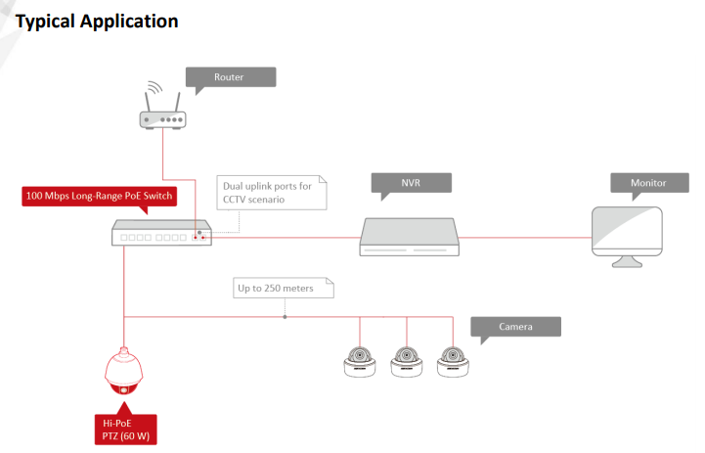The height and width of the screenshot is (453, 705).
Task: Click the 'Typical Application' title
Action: pyautogui.click(x=97, y=20)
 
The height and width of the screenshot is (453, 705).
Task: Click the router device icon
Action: pyautogui.click(x=161, y=116)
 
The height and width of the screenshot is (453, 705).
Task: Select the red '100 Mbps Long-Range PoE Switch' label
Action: pyautogui.click(x=99, y=197)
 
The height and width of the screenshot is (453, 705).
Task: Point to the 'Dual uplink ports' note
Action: pyautogui.click(x=268, y=192)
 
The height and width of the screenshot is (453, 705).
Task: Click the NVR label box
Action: pyautogui.click(x=411, y=183)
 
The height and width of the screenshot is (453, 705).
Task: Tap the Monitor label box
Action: pyautogui.click(x=648, y=183)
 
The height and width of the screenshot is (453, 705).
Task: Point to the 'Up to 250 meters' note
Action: pyautogui.click(x=285, y=289)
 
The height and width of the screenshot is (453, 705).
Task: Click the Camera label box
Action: pyautogui.click(x=515, y=327)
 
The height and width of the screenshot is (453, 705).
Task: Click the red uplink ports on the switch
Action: pyautogui.click(x=199, y=237)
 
